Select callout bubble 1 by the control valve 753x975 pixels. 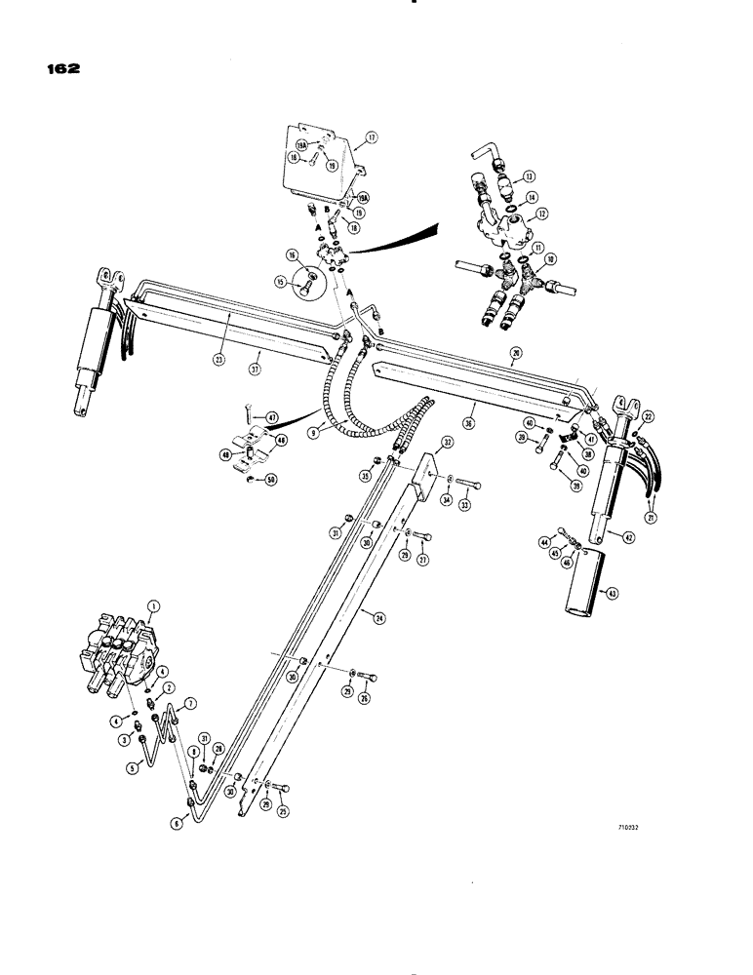(152, 606)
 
